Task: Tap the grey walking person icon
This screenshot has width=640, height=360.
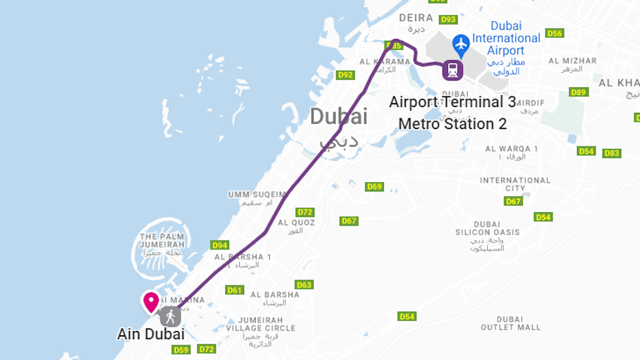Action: (x=170, y=317)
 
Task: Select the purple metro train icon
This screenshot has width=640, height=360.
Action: (x=453, y=70)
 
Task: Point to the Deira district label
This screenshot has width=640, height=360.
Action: (x=416, y=18)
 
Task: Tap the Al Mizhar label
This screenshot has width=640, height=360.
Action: (x=572, y=61)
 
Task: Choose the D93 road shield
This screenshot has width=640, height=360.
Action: (x=448, y=19)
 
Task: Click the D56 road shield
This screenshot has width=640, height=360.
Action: (x=554, y=33)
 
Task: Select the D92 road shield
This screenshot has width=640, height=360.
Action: (x=345, y=75)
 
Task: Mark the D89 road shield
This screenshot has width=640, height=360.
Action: (x=578, y=92)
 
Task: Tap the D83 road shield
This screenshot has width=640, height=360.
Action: (x=611, y=153)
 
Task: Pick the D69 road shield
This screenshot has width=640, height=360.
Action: (x=374, y=187)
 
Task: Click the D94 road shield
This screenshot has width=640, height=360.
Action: (x=220, y=245)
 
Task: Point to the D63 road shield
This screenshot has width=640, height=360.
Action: (x=304, y=285)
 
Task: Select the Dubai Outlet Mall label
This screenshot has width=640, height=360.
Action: (x=510, y=323)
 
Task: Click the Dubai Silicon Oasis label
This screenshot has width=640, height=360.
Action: (x=487, y=228)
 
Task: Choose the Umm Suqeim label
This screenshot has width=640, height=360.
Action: (x=257, y=194)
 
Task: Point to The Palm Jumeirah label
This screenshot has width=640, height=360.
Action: (x=162, y=241)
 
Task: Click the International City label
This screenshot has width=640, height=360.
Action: (x=515, y=184)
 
